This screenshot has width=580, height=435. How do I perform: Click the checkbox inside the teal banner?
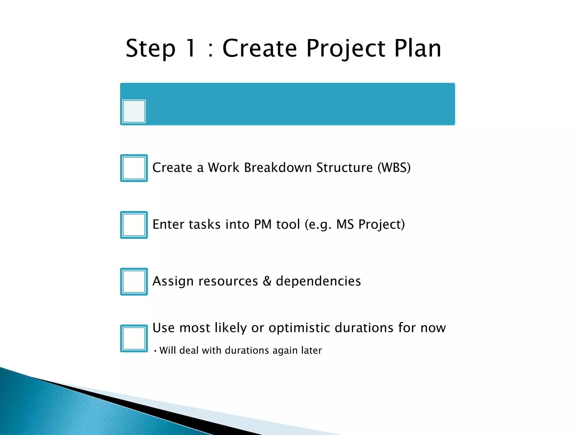(134, 111)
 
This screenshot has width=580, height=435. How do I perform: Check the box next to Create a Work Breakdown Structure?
(134, 168)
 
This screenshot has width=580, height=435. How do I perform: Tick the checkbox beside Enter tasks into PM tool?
(134, 225)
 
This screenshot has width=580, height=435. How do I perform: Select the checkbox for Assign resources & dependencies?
(134, 282)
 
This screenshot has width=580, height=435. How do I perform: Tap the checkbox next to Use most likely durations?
(134, 338)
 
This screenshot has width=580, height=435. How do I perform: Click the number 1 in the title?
(191, 48)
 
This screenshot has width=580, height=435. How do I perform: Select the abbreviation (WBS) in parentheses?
(394, 168)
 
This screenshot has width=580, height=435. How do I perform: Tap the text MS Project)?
(370, 225)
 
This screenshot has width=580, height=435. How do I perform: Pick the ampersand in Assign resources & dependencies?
(267, 281)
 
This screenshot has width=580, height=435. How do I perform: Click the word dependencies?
(318, 281)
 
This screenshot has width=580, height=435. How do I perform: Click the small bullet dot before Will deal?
(155, 351)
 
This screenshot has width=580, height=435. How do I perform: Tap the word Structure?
(344, 167)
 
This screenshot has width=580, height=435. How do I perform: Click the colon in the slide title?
(210, 50)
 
